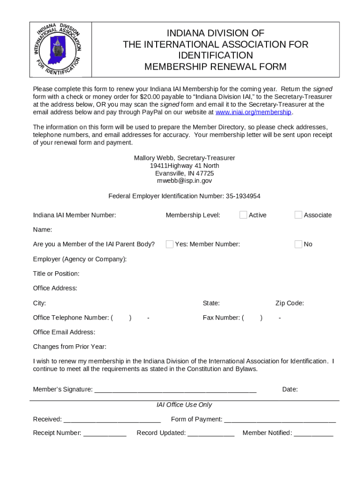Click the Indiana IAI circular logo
[x=58, y=49]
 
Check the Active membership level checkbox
[x=243, y=215]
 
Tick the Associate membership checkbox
[x=298, y=215]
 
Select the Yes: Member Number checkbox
[x=170, y=244]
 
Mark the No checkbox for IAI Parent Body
[x=298, y=244]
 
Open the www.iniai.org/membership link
[x=253, y=112]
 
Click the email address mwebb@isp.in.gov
[x=184, y=181]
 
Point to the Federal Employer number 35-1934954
[x=243, y=196]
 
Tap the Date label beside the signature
[x=290, y=389]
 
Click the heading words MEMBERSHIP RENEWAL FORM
[x=215, y=66]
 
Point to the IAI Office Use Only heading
[x=184, y=405]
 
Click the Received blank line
[x=112, y=420]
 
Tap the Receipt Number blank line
[x=105, y=434]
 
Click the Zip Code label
[x=289, y=303]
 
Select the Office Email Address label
[x=64, y=332]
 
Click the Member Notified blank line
[x=313, y=434]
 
